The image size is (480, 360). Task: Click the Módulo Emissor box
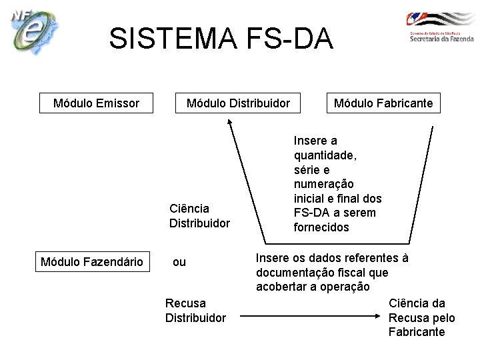[x=96, y=103]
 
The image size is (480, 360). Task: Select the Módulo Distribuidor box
[x=238, y=103]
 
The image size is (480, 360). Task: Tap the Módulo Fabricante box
[x=383, y=103]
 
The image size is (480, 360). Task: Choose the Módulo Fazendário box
[x=92, y=261]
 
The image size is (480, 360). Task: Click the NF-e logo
[x=34, y=31]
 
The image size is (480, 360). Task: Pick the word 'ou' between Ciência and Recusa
[x=179, y=262]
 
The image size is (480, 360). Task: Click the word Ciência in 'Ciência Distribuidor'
[x=189, y=209]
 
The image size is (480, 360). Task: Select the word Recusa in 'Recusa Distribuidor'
[x=185, y=303]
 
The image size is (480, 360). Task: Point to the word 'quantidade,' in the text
[x=325, y=155]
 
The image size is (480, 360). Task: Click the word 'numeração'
[x=324, y=184]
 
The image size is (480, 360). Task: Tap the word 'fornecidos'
[x=321, y=227]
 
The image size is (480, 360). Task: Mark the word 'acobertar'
[x=282, y=287]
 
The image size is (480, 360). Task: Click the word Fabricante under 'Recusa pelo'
[x=417, y=332]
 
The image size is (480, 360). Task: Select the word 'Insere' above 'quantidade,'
[x=311, y=140]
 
